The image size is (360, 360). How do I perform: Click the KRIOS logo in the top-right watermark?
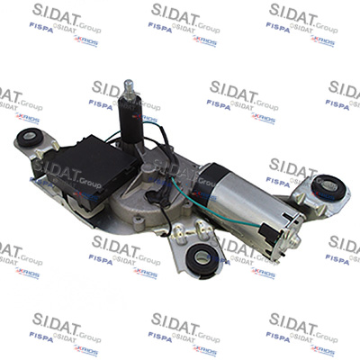(322, 40)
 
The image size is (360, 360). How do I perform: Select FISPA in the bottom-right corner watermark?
(278, 337)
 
